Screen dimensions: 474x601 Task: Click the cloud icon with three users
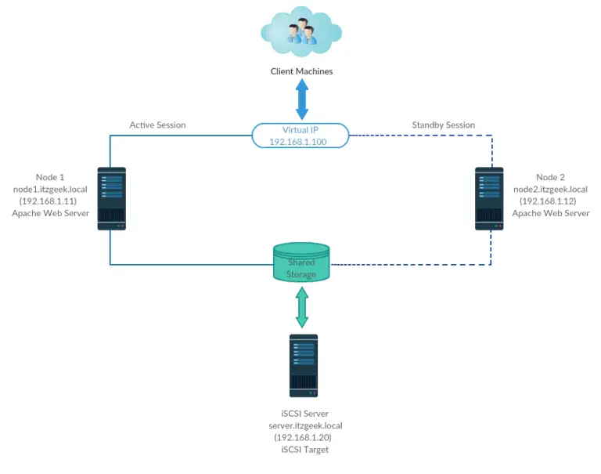tap(301, 32)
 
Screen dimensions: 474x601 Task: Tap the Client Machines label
tap(301, 71)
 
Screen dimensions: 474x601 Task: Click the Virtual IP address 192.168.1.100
tap(300, 142)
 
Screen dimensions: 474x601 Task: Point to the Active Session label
tap(157, 125)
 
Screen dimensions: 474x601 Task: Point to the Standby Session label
tap(443, 125)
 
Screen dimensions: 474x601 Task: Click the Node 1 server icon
tap(111, 197)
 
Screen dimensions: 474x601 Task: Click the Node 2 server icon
tap(490, 197)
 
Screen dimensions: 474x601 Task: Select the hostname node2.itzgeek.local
tap(550, 189)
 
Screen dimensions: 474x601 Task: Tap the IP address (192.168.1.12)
tap(550, 201)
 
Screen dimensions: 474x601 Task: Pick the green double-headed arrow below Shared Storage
tap(301, 307)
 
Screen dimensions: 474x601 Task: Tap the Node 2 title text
tap(550, 177)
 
